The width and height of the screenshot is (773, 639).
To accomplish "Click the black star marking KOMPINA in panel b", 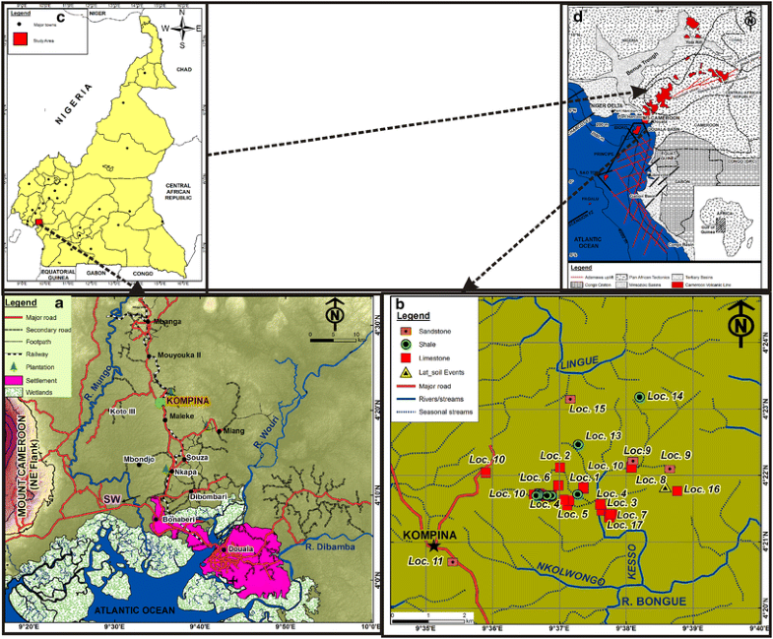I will [434, 544].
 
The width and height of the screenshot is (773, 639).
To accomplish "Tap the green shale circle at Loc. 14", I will [639, 396].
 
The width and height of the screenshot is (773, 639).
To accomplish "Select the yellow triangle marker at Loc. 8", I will [666, 487].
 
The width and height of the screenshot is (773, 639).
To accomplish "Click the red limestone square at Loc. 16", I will [677, 490].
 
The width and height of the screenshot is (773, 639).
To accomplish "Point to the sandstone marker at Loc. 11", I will [452, 561].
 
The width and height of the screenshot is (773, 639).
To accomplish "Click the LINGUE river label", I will [579, 364].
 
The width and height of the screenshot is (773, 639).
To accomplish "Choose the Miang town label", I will [233, 431].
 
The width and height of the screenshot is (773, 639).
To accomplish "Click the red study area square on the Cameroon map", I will [38, 223].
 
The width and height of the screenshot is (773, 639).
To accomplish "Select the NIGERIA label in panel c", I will [68, 108].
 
